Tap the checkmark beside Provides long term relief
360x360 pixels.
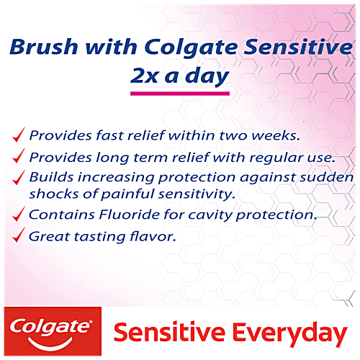[19, 157]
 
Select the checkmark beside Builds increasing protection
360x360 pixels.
[19, 177]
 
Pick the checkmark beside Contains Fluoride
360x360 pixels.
[19, 214]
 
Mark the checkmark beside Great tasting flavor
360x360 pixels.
[19, 235]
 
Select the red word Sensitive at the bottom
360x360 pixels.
[158, 333]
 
